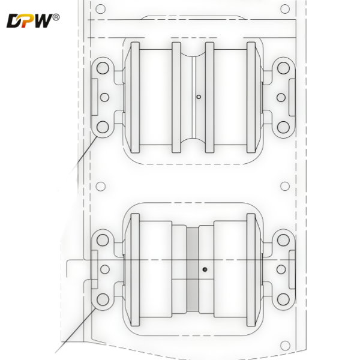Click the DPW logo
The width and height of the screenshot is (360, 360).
point(27,22)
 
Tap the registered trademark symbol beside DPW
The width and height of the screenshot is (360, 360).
point(56,17)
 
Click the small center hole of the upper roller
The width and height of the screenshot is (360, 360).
point(199,96)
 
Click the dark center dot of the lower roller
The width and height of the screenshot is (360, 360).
point(204,269)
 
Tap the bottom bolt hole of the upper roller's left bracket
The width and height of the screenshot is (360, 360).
point(103,127)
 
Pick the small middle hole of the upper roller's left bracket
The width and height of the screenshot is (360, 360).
point(104,97)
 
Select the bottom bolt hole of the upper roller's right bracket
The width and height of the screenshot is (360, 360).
point(282,127)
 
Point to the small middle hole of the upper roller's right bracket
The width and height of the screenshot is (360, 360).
point(280,97)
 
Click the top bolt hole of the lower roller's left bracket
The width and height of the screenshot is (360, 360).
point(103,240)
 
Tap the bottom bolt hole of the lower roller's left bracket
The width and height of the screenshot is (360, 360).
point(103,298)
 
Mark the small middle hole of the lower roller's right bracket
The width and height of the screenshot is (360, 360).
point(280,269)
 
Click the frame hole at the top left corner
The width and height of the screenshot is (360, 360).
point(101,9)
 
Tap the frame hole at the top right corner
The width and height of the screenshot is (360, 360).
point(285,9)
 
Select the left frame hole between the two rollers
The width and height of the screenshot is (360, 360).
point(101,187)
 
